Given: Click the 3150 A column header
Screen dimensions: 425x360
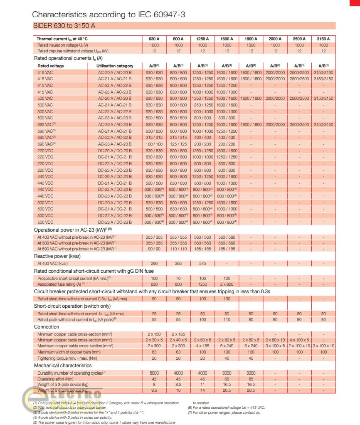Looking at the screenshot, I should click(323, 39).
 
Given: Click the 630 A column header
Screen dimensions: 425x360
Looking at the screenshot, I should click(154, 39).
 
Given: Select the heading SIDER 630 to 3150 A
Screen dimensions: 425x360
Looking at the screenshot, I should click(64, 26).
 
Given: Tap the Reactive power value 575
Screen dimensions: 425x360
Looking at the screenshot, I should click(202, 263).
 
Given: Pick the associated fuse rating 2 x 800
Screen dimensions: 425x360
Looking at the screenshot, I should click(227, 284).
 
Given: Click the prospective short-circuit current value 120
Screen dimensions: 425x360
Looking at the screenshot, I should click(227, 278).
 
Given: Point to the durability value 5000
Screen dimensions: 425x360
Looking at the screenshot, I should click(154, 373).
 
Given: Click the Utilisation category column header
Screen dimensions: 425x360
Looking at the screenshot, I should click(115, 66).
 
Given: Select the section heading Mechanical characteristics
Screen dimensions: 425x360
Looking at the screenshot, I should click(63, 366).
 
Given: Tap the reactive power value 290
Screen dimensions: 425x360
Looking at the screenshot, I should click(154, 263).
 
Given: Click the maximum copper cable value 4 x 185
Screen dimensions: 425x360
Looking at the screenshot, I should click(202, 346).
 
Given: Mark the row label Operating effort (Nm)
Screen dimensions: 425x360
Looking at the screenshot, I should click(54, 379).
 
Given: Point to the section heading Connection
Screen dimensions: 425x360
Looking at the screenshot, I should click(47, 327).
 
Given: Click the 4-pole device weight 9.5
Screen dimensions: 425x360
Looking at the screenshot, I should click(154, 391).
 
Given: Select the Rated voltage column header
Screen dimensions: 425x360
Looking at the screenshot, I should click(51, 66).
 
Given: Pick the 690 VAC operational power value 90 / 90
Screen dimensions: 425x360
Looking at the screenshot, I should click(154, 249).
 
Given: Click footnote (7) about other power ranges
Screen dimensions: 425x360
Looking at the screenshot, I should click(224, 413).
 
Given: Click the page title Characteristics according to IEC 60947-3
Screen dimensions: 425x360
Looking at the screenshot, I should click(108, 15).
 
